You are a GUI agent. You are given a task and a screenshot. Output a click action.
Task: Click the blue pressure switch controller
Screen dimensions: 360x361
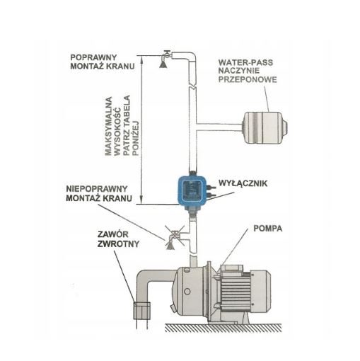[x=192, y=191]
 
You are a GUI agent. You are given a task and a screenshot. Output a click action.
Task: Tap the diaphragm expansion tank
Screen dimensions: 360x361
[x=265, y=127]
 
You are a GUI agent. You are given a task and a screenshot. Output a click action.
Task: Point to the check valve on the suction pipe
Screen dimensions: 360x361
[x=141, y=311]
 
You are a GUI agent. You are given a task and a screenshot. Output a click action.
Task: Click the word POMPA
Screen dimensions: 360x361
[x=267, y=229]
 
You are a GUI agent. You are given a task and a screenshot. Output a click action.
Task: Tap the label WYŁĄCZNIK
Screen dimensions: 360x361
[x=243, y=183]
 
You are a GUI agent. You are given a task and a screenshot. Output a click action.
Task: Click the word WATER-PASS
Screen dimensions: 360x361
[x=245, y=62]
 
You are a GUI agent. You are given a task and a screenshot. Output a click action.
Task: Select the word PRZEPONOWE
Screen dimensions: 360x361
[x=248, y=79]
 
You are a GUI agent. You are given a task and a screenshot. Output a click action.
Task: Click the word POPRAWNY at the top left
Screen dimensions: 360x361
[x=93, y=57]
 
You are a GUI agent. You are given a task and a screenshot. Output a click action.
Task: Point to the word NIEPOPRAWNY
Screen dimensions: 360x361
[x=97, y=189]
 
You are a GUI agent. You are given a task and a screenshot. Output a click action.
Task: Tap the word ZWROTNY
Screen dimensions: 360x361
[x=118, y=243]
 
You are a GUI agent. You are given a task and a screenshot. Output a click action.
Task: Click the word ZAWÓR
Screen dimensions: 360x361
[x=113, y=234]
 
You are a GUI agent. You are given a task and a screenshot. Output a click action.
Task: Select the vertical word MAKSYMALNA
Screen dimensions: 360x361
[x=108, y=126]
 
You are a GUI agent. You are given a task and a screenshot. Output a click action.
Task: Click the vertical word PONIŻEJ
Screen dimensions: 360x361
[x=136, y=138]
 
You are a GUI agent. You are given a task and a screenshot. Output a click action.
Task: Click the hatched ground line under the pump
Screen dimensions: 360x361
[x=223, y=327]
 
